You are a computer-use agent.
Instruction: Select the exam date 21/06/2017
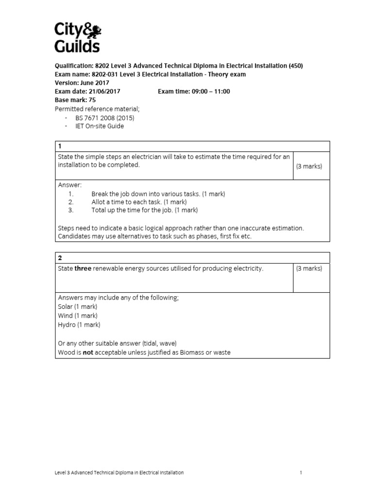(x=104, y=91)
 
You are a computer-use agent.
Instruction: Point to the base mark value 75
(x=92, y=100)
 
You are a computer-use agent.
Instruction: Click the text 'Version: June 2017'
(x=82, y=83)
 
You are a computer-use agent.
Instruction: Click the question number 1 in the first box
(x=60, y=146)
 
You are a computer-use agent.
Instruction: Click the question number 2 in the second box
(x=60, y=257)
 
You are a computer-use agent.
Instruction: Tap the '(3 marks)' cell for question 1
(x=309, y=166)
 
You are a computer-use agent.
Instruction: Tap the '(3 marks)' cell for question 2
(x=309, y=269)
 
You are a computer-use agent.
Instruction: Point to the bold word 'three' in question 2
(x=83, y=269)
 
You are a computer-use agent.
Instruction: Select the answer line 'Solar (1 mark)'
(x=77, y=306)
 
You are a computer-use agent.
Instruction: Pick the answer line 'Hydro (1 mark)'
(x=79, y=324)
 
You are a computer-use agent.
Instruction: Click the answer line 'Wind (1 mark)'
(x=77, y=316)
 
